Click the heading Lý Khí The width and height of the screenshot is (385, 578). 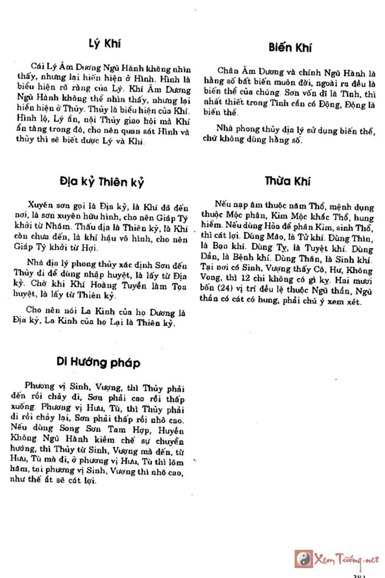point(105,44)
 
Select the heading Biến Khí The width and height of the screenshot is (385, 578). point(289,47)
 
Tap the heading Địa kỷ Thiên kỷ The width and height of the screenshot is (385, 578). point(102,181)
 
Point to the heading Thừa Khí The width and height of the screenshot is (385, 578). point(288,181)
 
